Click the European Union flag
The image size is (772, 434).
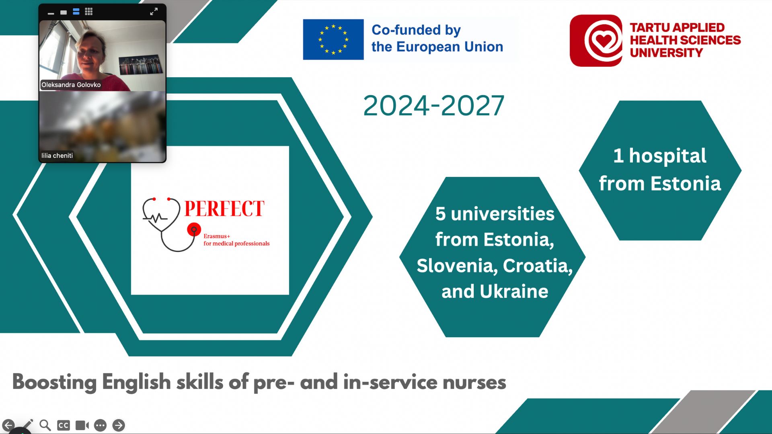pyautogui.click(x=333, y=39)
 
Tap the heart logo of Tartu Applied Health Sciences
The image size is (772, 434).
pyautogui.click(x=596, y=41)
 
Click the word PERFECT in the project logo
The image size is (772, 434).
pyautogui.click(x=224, y=209)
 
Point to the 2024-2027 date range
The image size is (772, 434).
pyautogui.click(x=433, y=106)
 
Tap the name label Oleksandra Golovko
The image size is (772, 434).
pyautogui.click(x=71, y=85)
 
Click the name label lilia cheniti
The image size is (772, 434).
pyautogui.click(x=57, y=156)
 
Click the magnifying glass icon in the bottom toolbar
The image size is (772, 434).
pyautogui.click(x=45, y=425)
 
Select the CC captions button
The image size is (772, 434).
pyautogui.click(x=64, y=425)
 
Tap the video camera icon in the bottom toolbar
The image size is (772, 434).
pyautogui.click(x=82, y=425)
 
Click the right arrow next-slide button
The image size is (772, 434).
pyautogui.click(x=119, y=425)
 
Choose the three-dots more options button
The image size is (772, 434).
pyautogui.click(x=101, y=425)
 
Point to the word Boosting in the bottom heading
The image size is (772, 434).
pyautogui.click(x=54, y=382)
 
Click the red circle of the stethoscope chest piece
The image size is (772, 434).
pyautogui.click(x=194, y=229)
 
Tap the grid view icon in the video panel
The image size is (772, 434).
pyautogui.click(x=89, y=12)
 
